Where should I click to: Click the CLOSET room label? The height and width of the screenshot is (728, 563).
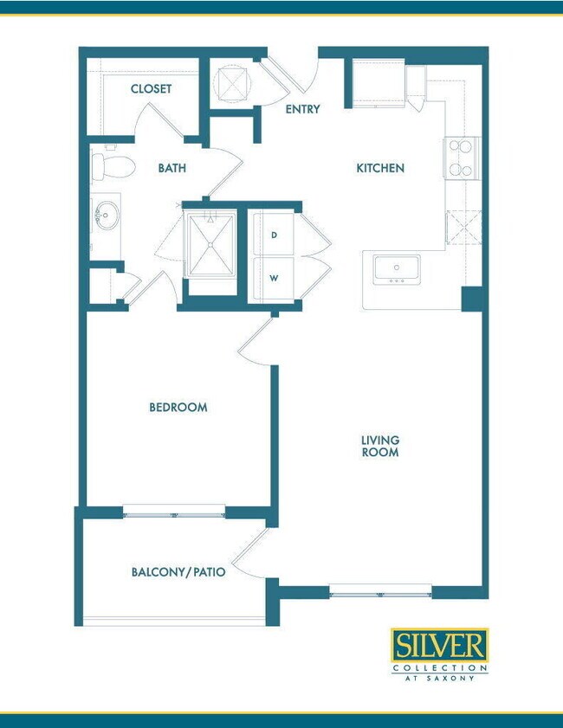(x=151, y=88)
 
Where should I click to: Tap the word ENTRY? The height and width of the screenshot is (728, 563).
(x=302, y=109)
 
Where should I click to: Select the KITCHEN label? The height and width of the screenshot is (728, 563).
(x=380, y=168)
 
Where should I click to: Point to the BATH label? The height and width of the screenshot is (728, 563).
(x=171, y=168)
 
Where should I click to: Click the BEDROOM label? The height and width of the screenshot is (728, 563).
(x=178, y=408)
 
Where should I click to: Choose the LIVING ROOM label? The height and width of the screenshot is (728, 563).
(x=380, y=446)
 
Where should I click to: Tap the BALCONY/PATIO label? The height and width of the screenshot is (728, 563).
(x=178, y=572)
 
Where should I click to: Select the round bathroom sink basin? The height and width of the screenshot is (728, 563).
(x=107, y=216)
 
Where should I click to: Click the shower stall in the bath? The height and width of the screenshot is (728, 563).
(x=210, y=245)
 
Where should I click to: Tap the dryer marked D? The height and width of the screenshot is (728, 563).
(x=274, y=235)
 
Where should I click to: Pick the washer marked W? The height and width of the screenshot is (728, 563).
(x=274, y=279)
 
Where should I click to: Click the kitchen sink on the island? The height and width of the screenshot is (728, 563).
(x=397, y=270)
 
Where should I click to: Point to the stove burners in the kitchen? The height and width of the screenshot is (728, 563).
(x=462, y=158)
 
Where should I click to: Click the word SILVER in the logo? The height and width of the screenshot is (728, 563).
(x=439, y=645)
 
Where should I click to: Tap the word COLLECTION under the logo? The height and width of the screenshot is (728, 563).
(x=439, y=668)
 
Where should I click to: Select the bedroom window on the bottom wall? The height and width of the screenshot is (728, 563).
(x=174, y=512)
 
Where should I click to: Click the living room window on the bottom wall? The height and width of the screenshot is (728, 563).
(x=380, y=592)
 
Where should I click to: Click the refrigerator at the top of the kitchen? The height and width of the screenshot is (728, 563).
(x=379, y=83)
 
